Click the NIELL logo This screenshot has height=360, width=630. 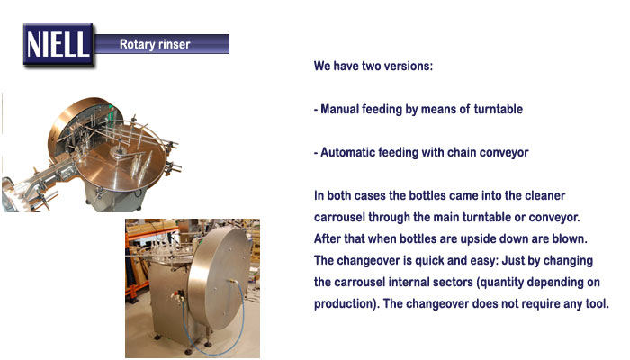58,45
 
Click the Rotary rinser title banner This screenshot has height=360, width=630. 162,44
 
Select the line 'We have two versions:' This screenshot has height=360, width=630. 373,66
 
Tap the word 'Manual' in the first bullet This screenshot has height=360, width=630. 339,109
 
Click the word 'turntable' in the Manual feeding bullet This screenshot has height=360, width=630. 499,109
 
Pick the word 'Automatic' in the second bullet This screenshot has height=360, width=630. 347,152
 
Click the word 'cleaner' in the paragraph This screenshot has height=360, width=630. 545,195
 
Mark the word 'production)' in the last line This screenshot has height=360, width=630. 346,303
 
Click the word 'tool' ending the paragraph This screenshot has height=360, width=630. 597,303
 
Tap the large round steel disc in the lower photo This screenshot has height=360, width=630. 220,277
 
